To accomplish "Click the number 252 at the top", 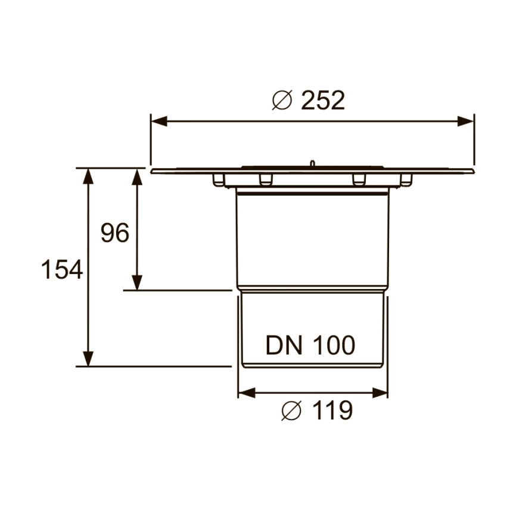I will pyautogui.click(x=323, y=101).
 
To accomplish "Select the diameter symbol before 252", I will pyautogui.click(x=282, y=101).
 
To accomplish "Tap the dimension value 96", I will pyautogui.click(x=114, y=233).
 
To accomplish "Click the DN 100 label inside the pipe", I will pyautogui.click(x=310, y=345).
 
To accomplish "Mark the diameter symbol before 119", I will pyautogui.click(x=293, y=411).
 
